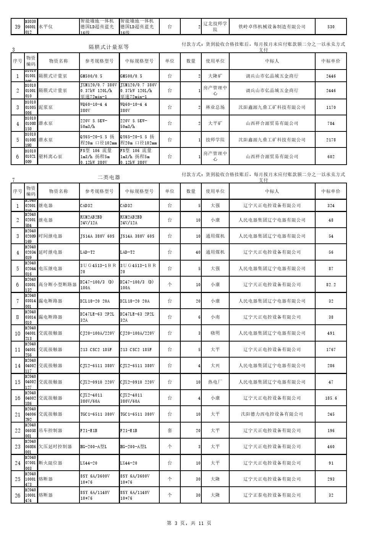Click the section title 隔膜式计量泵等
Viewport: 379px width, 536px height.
pos(109,47)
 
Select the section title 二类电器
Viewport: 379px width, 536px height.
pos(109,177)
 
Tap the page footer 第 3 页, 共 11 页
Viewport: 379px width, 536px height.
pos(189,523)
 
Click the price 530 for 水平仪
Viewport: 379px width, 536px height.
pos(331,27)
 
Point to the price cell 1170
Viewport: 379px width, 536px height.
pos(331,107)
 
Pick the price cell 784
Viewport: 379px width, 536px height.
pos(331,123)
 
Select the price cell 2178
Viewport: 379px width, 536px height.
pos(331,140)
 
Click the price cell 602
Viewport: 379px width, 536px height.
pos(331,157)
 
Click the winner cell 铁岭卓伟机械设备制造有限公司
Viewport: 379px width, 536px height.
pos(272,27)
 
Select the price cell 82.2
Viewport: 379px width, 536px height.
pos(331,285)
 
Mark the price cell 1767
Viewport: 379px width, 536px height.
pos(331,350)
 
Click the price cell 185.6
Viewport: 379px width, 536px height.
pos(331,398)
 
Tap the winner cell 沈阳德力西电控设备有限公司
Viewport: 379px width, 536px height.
pos(272,414)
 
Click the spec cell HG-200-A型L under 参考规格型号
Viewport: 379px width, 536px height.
pos(94,447)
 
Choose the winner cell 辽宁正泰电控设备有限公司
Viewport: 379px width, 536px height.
pos(272,495)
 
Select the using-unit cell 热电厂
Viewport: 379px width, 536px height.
pos(215,382)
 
